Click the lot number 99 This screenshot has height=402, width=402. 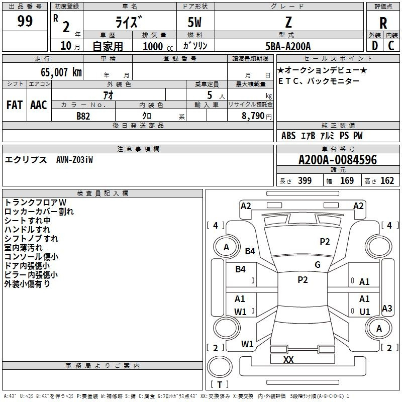click(x=25, y=21)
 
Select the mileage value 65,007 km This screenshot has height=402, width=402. click(x=61, y=72)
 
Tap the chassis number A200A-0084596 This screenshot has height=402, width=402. click(x=338, y=160)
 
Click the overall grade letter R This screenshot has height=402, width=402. click(x=383, y=23)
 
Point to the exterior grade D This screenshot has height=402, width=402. click(x=375, y=46)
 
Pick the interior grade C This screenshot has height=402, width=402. click(x=391, y=46)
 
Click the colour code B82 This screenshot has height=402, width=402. click(x=83, y=116)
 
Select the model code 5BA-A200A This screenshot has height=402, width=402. click(x=288, y=46)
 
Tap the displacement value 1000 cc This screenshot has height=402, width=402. click(x=158, y=46)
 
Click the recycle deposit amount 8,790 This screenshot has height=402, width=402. click(x=253, y=116)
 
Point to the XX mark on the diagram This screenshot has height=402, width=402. click(x=288, y=359)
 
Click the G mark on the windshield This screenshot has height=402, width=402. click(x=318, y=264)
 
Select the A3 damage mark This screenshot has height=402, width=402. click(x=387, y=308)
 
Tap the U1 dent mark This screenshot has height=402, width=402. click(x=365, y=312)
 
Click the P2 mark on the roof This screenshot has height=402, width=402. click(x=303, y=279)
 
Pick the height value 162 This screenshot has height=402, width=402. click(x=387, y=180)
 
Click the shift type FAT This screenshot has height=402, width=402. click(x=15, y=105)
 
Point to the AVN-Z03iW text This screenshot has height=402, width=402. click(x=74, y=160)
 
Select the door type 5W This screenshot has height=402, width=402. click(x=194, y=22)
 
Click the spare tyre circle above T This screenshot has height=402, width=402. click(x=220, y=367)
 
